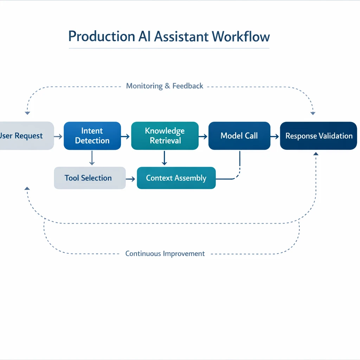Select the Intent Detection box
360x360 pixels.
pyautogui.click(x=92, y=136)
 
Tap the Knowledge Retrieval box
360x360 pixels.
pyautogui.click(x=165, y=136)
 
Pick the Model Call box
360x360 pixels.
pyautogui.click(x=239, y=136)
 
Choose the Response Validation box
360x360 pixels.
pyautogui.click(x=319, y=136)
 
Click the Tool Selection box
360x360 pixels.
pyautogui.click(x=90, y=178)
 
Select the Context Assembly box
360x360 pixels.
pyautogui.click(x=176, y=178)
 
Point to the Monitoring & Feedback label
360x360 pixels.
pyautogui.click(x=165, y=86)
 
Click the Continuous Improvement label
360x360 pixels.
pyautogui.click(x=165, y=253)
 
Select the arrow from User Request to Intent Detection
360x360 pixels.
pyautogui.click(x=58, y=136)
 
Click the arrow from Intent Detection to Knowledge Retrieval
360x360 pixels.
pyautogui.click(x=126, y=136)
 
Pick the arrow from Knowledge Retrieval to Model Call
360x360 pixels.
pyautogui.click(x=203, y=136)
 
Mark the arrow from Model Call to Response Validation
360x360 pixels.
pyautogui.click(x=275, y=136)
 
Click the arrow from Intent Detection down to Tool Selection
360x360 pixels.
pyautogui.click(x=92, y=158)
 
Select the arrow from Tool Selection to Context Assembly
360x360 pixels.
pyautogui.click(x=131, y=179)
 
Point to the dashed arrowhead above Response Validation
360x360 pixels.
pyautogui.click(x=313, y=113)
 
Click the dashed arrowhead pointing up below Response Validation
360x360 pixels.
pyautogui.click(x=316, y=154)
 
